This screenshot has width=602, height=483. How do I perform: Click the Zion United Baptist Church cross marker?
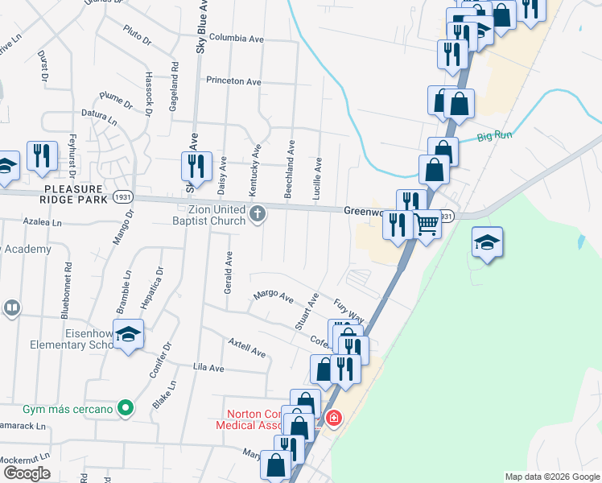point(258,213)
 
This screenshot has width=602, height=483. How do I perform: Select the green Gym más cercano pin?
point(124,409)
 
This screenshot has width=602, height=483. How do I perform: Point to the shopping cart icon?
point(427,223)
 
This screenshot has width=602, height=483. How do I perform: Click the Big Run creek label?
point(494,137)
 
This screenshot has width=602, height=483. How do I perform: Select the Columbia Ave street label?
point(236,38)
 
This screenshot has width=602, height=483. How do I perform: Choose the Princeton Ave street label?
point(233,81)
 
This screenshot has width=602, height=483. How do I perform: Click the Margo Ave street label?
point(274,297)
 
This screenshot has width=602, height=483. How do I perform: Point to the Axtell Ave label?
point(246,349)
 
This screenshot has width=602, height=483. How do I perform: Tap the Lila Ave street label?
point(208,367)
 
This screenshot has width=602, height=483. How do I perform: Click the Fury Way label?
point(350,308)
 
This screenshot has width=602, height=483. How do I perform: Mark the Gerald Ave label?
point(229,272)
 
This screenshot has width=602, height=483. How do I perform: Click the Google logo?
point(27,473)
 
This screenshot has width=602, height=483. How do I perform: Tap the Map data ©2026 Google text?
point(552,477)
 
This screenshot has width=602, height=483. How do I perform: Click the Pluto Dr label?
point(137,35)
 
